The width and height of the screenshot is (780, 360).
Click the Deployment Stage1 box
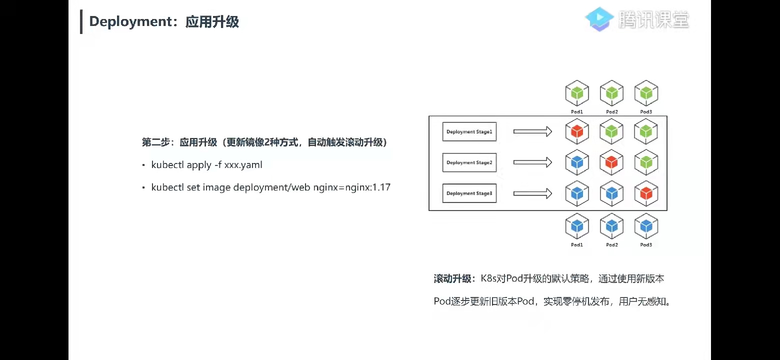(469, 131)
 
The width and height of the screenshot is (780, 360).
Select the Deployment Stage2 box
(469, 162)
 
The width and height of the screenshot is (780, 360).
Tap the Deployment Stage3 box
(469, 193)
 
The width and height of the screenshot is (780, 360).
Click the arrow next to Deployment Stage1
(532, 131)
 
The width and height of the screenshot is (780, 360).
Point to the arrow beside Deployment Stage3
(532, 193)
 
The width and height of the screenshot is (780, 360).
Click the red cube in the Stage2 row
(611, 162)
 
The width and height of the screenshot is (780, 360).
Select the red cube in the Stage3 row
(646, 193)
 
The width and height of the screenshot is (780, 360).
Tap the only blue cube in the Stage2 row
(577, 162)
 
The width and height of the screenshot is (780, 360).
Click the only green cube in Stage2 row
(646, 162)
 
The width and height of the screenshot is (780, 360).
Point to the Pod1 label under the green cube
(577, 112)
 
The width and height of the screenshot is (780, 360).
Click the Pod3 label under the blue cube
(646, 245)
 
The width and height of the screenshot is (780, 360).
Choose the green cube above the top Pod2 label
(611, 93)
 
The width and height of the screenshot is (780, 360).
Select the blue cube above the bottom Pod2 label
(611, 227)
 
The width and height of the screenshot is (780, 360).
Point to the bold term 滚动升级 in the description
(452, 279)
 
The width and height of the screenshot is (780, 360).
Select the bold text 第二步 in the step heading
(153, 142)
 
